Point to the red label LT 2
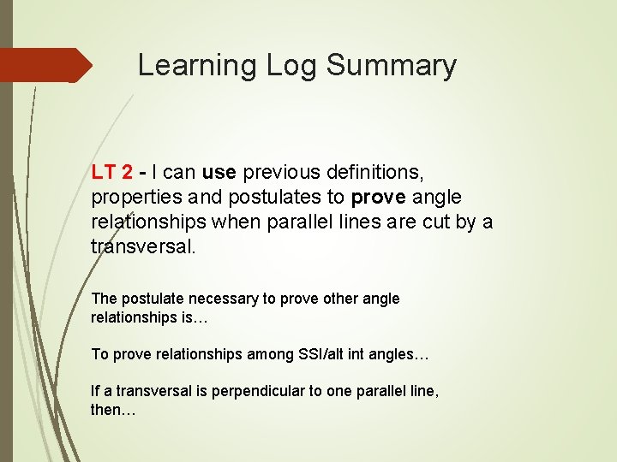coord(111,172)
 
